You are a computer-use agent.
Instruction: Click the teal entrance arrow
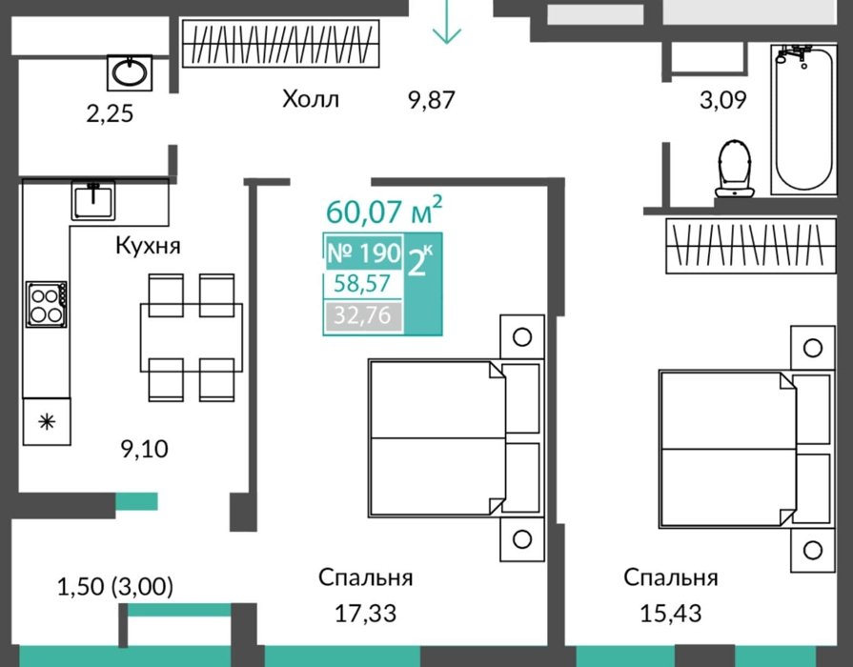click(447, 22)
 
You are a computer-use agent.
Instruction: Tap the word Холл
click(311, 99)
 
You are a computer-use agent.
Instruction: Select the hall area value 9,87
click(432, 100)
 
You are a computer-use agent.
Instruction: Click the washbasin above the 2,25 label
click(130, 72)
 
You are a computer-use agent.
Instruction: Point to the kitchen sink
click(93, 200)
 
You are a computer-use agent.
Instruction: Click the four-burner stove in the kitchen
click(47, 304)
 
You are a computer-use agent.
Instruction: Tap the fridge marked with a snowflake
click(47, 421)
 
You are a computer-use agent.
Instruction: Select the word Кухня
click(148, 246)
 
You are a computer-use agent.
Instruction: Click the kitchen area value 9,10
click(144, 450)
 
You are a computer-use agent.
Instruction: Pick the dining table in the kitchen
click(192, 337)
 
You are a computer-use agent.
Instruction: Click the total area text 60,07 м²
click(384, 211)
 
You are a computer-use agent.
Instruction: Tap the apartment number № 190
click(364, 253)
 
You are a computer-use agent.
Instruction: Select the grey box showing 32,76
click(363, 315)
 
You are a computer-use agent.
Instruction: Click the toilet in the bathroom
click(735, 169)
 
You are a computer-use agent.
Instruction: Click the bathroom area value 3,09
click(723, 100)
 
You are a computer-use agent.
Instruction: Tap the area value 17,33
click(365, 613)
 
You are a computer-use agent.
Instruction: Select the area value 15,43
click(671, 613)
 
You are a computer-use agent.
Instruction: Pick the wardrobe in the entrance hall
click(281, 44)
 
